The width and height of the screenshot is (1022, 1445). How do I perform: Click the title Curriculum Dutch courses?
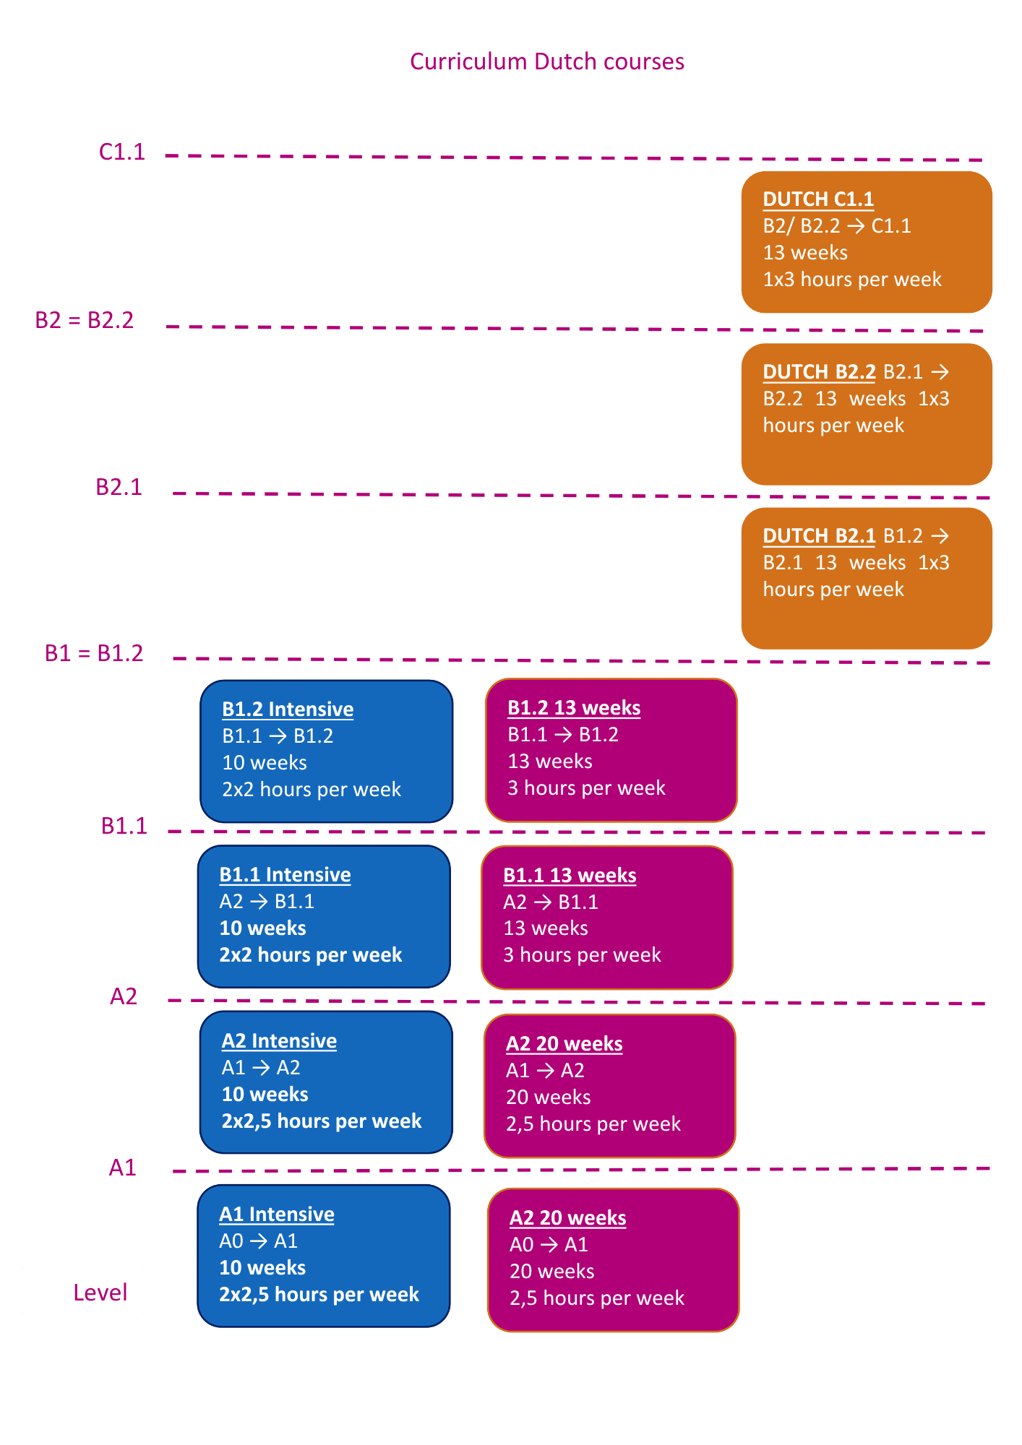[547, 61]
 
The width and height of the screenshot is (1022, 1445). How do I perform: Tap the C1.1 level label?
[122, 152]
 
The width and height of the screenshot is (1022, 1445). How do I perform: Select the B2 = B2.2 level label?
[85, 320]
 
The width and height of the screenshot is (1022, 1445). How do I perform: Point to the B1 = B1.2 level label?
[94, 653]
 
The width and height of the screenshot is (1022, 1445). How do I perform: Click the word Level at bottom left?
[100, 1293]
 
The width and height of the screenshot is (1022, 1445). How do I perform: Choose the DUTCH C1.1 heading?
[818, 199]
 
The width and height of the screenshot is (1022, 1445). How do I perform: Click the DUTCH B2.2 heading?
[819, 371]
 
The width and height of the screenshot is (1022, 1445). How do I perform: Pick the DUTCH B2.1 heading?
[819, 535]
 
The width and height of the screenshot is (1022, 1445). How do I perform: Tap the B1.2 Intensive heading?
[288, 709]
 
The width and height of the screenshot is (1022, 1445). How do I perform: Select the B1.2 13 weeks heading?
[574, 707]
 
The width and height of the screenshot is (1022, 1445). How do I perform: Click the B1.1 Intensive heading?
[285, 874]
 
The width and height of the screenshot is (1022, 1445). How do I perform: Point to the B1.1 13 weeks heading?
[570, 875]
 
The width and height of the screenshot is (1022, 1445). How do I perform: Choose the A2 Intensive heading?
[279, 1040]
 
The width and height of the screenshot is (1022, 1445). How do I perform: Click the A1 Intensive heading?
[277, 1214]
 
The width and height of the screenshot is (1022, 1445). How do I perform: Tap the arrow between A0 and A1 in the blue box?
[259, 1241]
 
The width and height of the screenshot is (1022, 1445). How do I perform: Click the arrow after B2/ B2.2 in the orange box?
[856, 226]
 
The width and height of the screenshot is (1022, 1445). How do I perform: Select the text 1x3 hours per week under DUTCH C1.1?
[852, 279]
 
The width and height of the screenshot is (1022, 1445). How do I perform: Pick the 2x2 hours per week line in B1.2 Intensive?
[312, 789]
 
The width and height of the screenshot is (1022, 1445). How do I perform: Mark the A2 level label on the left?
[124, 996]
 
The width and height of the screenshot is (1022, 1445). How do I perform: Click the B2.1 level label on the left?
[119, 487]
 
